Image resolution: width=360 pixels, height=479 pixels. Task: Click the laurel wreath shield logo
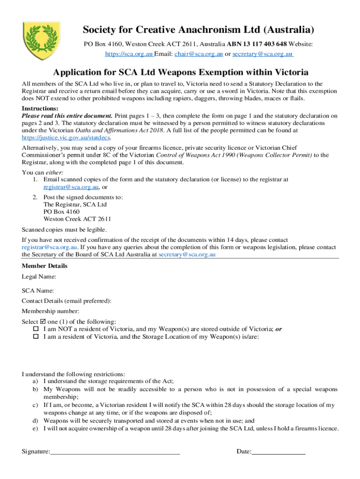(x=42, y=40)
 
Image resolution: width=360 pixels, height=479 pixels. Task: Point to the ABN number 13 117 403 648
(x=264, y=44)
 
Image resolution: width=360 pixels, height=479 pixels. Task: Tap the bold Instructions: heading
(x=40, y=109)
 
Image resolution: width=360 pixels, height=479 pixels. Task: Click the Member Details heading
(x=44, y=266)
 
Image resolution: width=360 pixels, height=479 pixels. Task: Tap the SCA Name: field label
(x=38, y=291)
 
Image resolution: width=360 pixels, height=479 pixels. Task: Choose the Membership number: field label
(x=50, y=311)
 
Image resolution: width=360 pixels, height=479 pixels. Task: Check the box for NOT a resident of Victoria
(x=35, y=329)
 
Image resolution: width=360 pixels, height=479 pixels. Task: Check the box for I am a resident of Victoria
(x=35, y=337)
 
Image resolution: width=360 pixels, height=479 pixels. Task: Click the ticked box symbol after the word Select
(x=43, y=322)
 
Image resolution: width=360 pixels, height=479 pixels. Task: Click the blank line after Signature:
(x=115, y=452)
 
